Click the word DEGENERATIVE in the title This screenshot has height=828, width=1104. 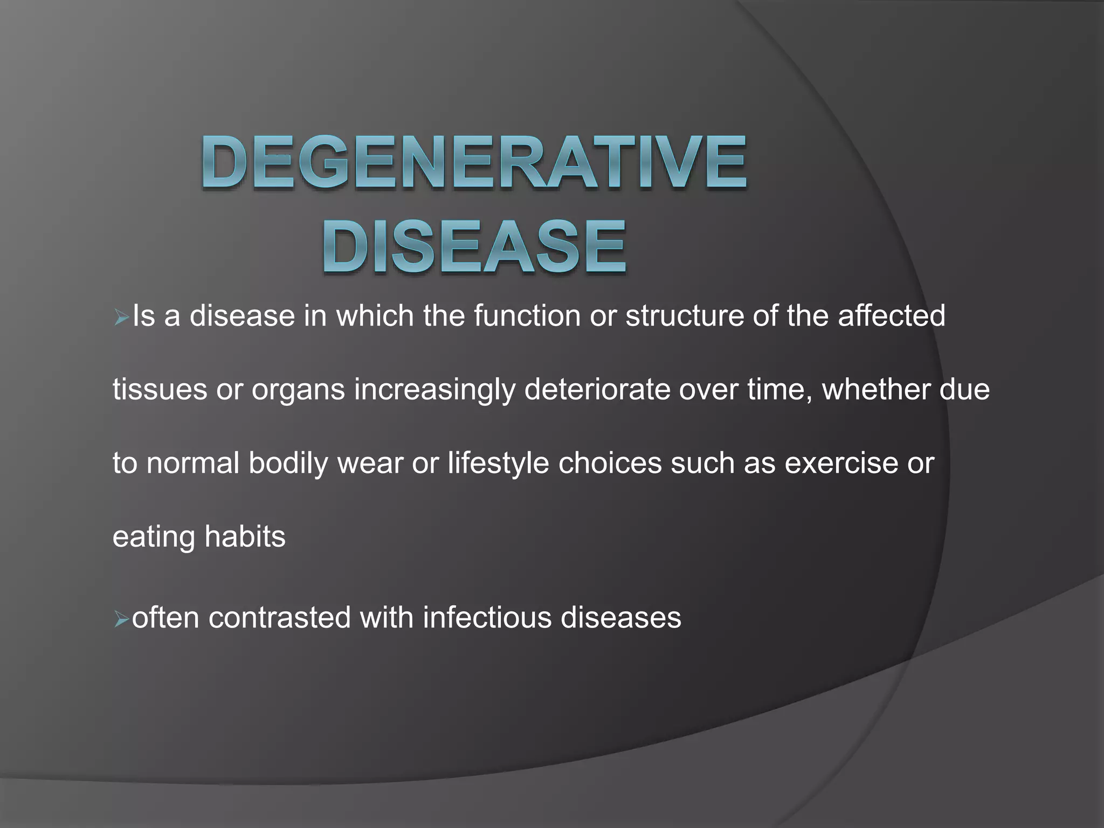(x=474, y=162)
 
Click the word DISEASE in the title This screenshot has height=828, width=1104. (x=474, y=247)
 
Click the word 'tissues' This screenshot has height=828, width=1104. (x=160, y=390)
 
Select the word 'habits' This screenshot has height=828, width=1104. (x=245, y=537)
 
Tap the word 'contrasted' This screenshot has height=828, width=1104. (x=279, y=618)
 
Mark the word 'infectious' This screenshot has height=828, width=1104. (x=487, y=618)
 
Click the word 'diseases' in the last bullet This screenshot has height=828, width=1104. (x=621, y=618)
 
